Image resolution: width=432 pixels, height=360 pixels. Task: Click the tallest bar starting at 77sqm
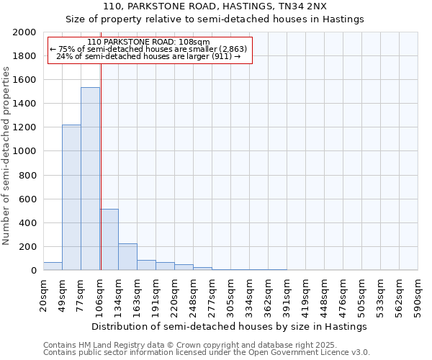coord(90,179)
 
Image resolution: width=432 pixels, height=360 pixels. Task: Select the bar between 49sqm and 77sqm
coord(71,197)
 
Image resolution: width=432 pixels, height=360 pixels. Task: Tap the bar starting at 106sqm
coord(109,240)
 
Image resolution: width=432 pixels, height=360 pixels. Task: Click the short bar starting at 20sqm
coord(53,266)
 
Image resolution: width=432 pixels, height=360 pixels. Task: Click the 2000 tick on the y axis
coord(25,32)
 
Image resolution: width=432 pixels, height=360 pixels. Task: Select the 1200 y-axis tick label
coord(25,127)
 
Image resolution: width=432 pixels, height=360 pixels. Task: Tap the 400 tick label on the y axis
coord(28,223)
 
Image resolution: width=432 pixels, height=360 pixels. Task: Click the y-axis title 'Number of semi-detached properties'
coord(6,156)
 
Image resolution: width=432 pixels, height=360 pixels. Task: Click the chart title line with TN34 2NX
coord(215,6)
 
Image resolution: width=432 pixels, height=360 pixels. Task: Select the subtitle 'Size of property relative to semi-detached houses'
coord(215,19)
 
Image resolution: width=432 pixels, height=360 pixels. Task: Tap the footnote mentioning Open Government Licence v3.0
coord(207,353)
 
